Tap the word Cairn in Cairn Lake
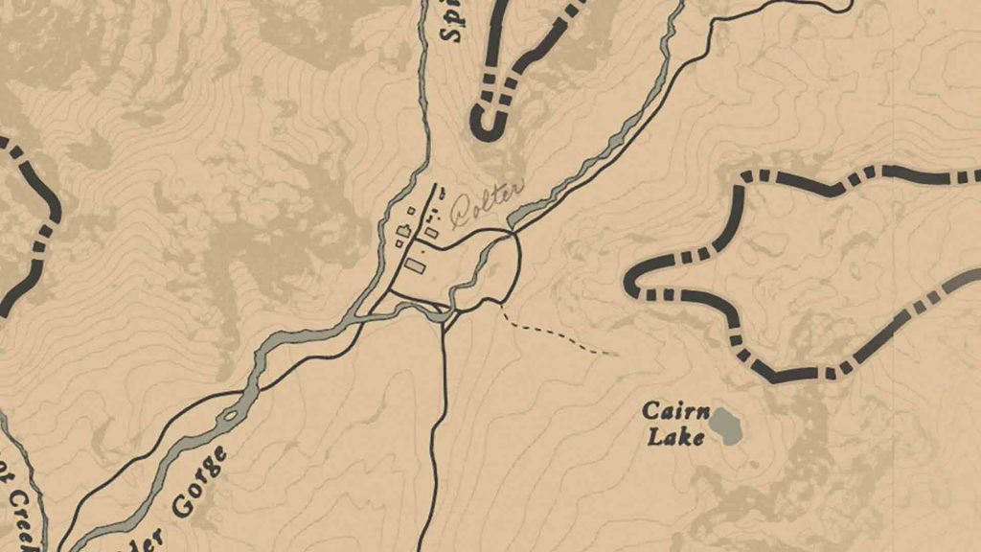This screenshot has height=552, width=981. [x=675, y=413]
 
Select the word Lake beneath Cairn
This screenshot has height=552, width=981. [x=675, y=437]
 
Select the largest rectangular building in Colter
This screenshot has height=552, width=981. [x=416, y=264]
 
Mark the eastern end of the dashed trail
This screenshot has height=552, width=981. [x=616, y=355]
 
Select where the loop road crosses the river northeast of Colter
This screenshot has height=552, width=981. [x=512, y=233]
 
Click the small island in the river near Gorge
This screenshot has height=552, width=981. [x=230, y=417]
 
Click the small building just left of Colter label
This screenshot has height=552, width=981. [x=432, y=232]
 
